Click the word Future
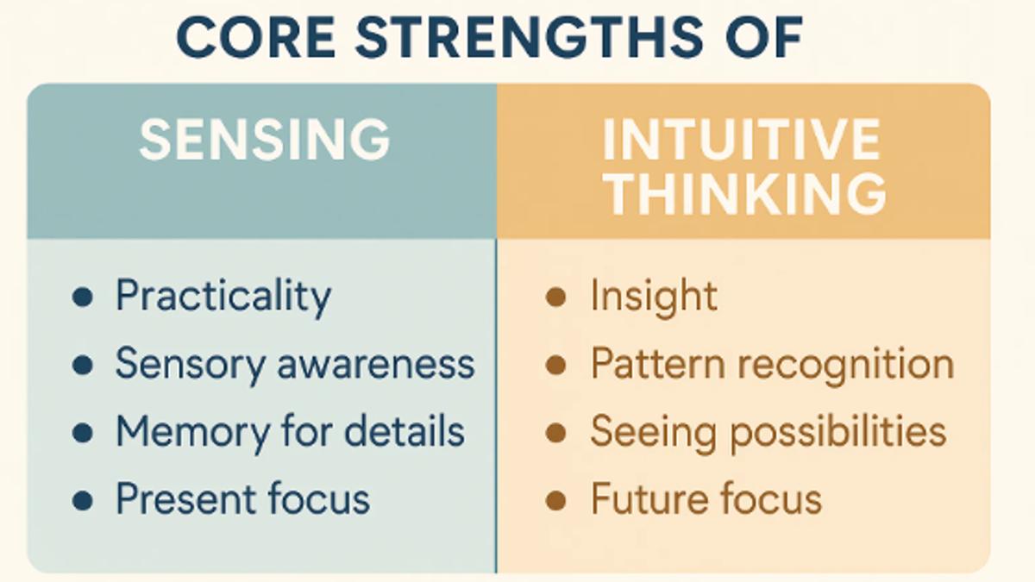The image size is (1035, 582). pyautogui.click(x=642, y=498)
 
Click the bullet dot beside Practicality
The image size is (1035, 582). pyautogui.click(x=83, y=298)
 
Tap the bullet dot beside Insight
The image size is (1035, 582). pyautogui.click(x=556, y=298)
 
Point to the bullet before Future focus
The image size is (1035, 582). pyautogui.click(x=556, y=499)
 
